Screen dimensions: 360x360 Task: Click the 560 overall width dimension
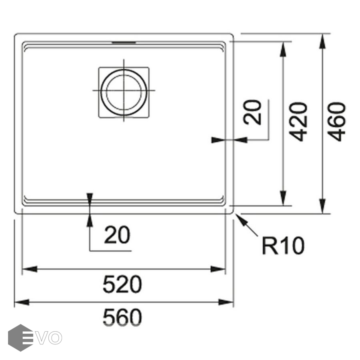click(122, 317)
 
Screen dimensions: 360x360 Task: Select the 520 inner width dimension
click(122, 284)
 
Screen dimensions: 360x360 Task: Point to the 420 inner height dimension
click(298, 122)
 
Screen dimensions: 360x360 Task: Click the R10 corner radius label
click(283, 246)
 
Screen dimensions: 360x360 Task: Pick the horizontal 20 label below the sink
click(117, 235)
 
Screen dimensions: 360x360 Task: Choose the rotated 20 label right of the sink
click(252, 112)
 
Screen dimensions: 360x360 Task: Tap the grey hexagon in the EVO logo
click(21, 338)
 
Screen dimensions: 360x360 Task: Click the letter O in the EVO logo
click(55, 338)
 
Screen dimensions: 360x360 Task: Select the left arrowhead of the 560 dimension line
click(22, 302)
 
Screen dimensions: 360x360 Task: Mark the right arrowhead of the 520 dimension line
click(218, 269)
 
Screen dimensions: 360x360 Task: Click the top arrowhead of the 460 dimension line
click(322, 41)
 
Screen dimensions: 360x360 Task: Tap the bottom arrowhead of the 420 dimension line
click(283, 198)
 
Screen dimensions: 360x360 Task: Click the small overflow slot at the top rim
click(124, 42)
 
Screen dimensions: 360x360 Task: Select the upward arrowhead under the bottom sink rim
click(90, 220)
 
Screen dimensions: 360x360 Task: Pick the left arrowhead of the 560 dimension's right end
click(226, 302)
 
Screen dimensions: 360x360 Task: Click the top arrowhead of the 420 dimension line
click(283, 49)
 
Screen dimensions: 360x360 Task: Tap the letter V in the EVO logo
click(42, 338)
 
